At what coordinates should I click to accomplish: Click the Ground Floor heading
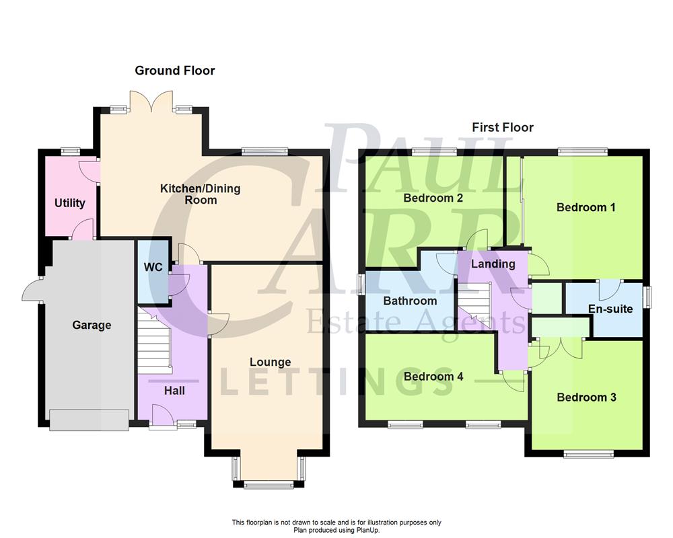175,71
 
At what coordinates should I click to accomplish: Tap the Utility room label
70,203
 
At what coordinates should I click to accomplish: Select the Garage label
92,325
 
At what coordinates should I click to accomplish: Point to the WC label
153,268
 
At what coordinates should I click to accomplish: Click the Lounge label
270,362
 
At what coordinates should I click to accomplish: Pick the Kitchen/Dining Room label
200,194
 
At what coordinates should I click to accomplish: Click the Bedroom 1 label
586,207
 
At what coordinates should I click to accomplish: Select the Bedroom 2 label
433,198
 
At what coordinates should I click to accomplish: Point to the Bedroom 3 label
586,397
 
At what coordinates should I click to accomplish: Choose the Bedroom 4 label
433,377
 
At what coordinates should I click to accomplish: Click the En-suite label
610,309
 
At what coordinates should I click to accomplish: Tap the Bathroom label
410,301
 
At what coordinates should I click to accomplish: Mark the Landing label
493,264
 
